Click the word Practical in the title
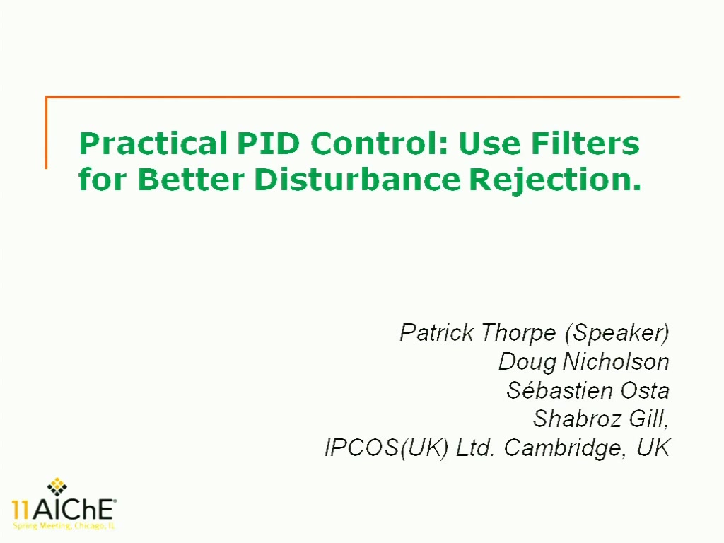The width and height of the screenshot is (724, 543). tap(153, 144)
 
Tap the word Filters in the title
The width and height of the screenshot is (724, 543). tap(585, 144)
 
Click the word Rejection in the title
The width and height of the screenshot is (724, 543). tap(555, 180)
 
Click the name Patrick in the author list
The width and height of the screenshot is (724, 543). tap(436, 332)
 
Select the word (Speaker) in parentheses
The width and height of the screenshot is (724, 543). tap(617, 333)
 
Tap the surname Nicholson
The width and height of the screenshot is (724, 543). tap(616, 361)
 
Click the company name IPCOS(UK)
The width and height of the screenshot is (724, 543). tap(387, 448)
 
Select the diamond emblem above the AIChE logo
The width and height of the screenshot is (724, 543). tap(57, 486)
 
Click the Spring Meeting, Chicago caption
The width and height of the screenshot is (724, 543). tap(64, 526)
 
